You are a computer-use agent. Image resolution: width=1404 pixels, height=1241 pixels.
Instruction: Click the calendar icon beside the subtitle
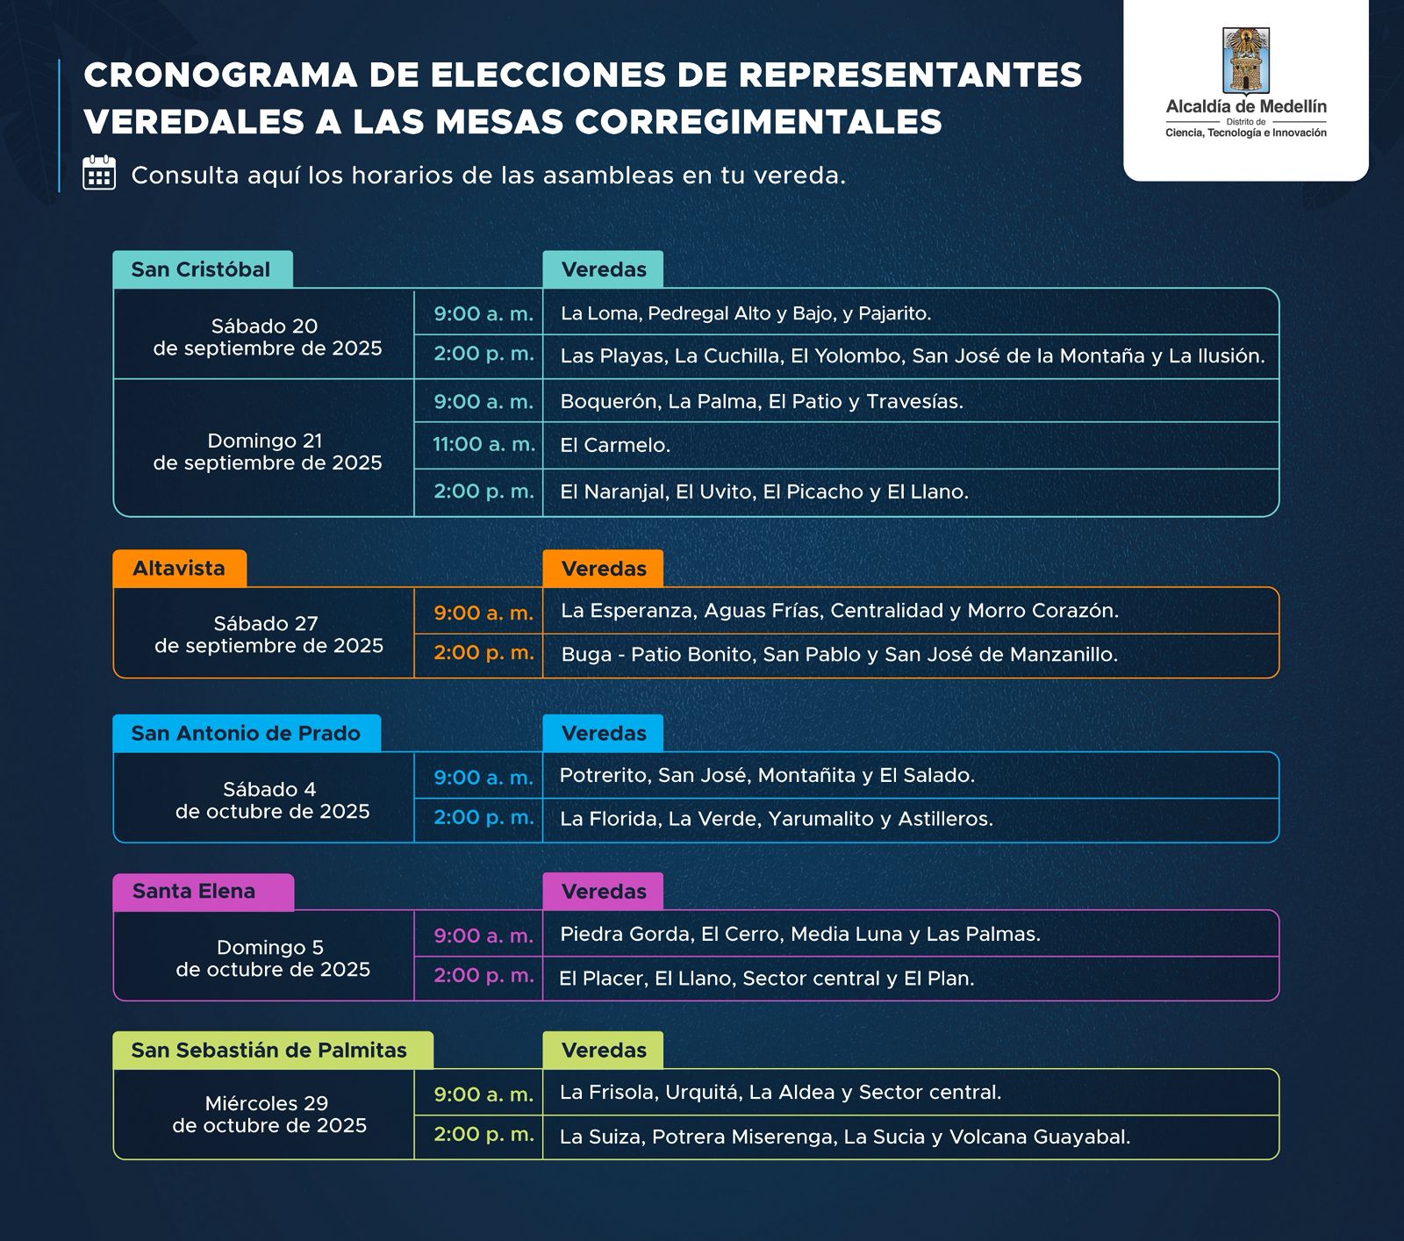(99, 174)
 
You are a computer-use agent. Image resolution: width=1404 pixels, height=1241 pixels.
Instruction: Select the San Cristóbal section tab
(202, 269)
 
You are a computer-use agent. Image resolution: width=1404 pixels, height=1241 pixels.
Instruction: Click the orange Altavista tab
(179, 569)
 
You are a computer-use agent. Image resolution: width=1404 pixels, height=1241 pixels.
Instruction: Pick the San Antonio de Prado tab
(246, 734)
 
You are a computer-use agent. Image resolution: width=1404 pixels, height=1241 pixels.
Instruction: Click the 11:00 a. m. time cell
(484, 445)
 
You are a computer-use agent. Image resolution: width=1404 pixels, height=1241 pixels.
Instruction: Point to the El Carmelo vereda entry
(615, 446)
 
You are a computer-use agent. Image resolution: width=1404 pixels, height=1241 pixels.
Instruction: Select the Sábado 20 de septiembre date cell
(267, 337)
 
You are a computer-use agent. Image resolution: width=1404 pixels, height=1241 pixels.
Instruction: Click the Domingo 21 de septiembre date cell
(267, 451)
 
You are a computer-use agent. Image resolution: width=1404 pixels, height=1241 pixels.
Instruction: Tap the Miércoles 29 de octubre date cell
(269, 1115)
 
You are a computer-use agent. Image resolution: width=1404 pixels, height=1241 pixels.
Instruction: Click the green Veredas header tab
(603, 1051)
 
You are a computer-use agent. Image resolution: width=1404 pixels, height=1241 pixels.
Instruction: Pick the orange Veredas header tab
(603, 569)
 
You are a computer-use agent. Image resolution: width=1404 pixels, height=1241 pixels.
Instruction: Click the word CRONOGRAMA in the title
(219, 75)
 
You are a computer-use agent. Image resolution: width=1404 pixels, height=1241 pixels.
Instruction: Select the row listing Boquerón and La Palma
(762, 402)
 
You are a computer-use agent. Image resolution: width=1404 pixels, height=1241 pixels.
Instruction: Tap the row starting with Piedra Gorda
(799, 935)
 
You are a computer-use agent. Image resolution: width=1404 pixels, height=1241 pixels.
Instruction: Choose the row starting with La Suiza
(844, 1137)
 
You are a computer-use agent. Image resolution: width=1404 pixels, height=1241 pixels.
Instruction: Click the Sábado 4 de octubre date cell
(271, 800)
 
